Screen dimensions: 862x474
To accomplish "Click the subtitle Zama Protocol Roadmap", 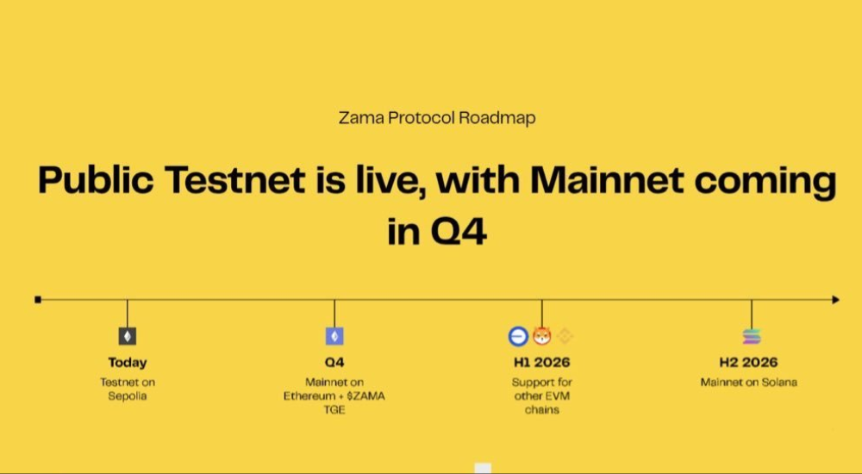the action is tap(437, 118).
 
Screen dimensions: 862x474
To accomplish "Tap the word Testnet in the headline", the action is tap(234, 180).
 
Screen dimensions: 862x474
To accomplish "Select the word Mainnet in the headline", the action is tap(607, 180).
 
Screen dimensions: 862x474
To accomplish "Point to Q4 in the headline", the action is tap(459, 232).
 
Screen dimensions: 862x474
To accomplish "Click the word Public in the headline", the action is tap(96, 180).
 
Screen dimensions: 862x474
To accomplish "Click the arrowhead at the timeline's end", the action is tap(835, 300).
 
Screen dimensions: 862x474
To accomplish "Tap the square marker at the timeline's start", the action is tap(38, 300).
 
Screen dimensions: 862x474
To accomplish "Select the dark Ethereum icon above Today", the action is tap(128, 336).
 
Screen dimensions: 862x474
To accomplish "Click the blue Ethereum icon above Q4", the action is tap(334, 336).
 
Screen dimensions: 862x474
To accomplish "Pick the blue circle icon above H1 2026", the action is tap(518, 336).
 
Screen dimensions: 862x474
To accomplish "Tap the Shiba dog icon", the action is tap(542, 336).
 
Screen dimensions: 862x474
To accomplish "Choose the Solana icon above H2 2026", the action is tap(752, 336).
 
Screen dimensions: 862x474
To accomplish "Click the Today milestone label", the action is tap(128, 362).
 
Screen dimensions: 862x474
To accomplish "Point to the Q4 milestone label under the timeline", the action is tap(334, 362).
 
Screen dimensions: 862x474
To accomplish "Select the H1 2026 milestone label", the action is tap(542, 362).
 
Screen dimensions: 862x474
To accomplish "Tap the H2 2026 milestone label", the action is tap(749, 362).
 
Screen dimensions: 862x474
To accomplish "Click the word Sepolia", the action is tap(128, 396).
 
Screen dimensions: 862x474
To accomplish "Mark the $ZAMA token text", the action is tap(366, 396).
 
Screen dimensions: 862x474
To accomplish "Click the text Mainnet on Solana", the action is tap(749, 382).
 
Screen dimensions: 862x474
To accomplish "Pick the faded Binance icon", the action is tap(565, 336).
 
